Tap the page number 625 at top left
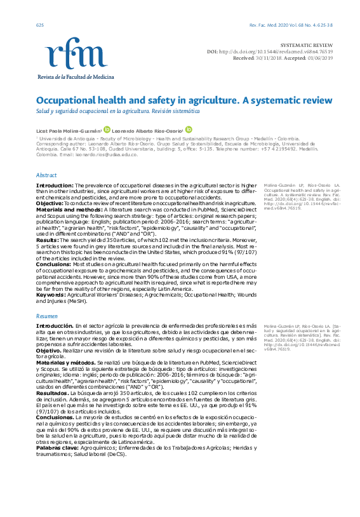pos(40,25)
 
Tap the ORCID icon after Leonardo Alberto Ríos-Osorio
pos(188,129)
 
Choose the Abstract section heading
pos(46,175)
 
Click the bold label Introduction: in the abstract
pos(54,185)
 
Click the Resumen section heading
pos(47,315)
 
